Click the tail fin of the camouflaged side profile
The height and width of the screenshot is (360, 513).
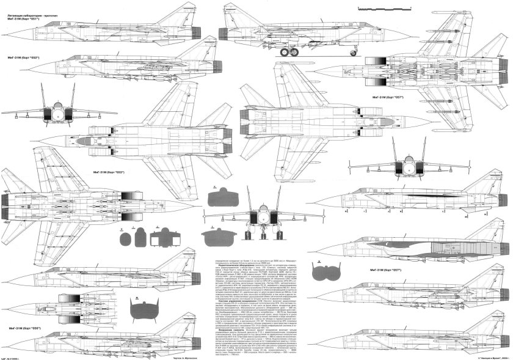(x=486, y=235)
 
